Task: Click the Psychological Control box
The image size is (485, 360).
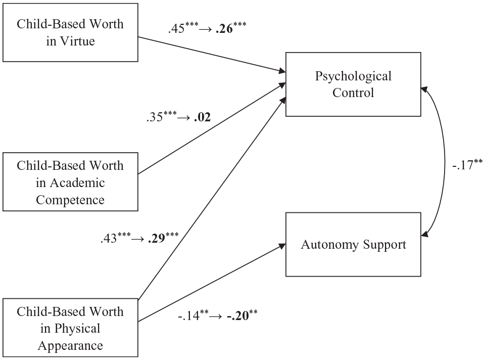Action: pyautogui.click(x=353, y=84)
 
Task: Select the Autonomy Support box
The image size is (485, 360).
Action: pyautogui.click(x=353, y=244)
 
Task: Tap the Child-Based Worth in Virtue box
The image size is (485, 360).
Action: pyautogui.click(x=70, y=32)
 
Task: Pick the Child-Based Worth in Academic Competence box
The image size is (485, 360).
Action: pyautogui.click(x=70, y=182)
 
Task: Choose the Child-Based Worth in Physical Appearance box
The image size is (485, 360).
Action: pyautogui.click(x=70, y=328)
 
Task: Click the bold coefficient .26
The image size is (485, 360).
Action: pyautogui.click(x=224, y=29)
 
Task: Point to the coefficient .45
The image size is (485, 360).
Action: pyautogui.click(x=176, y=29)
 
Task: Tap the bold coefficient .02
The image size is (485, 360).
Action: pyautogui.click(x=202, y=117)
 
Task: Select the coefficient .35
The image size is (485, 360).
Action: pyautogui.click(x=155, y=117)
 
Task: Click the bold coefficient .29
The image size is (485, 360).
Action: pyautogui.click(x=157, y=238)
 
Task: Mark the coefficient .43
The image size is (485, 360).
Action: pyautogui.click(x=109, y=238)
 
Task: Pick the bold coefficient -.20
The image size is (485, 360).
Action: pyautogui.click(x=238, y=316)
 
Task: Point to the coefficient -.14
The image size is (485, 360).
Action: pyautogui.click(x=188, y=316)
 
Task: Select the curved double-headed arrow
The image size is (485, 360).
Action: pyautogui.click(x=445, y=161)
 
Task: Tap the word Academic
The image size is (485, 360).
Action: pyautogui.click(x=77, y=183)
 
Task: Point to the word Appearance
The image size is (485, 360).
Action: pyautogui.click(x=70, y=346)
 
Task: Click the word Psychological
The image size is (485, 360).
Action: pyautogui.click(x=353, y=76)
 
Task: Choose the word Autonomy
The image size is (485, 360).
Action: pyautogui.click(x=330, y=245)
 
